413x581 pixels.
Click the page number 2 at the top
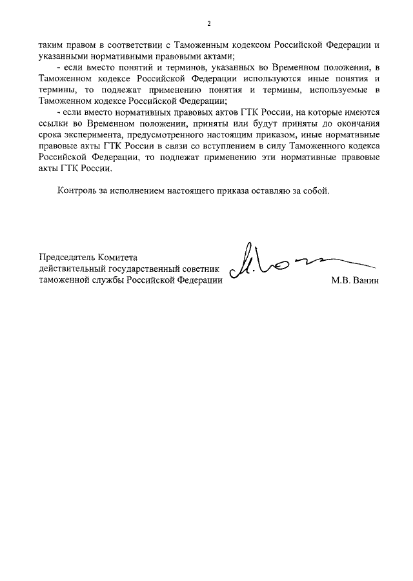209,24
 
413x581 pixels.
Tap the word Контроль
77,191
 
